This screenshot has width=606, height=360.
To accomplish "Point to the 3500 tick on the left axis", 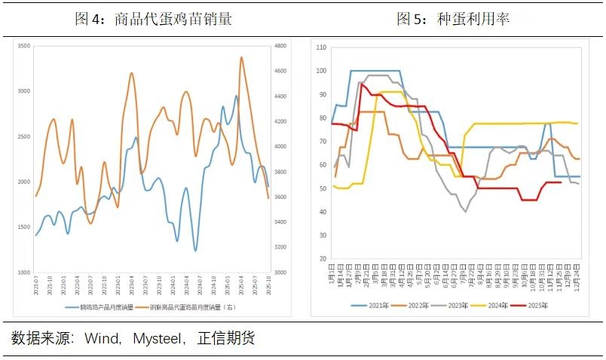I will pyautogui.click(x=23, y=47).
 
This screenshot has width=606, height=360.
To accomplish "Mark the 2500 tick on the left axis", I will pyautogui.click(x=23, y=137).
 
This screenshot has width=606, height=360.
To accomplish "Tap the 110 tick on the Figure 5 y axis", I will pyautogui.click(x=321, y=47).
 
